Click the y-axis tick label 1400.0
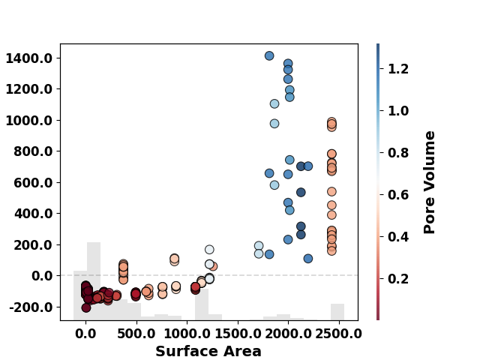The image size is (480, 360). coord(29,58)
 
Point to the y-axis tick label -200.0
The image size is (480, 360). coord(31,307)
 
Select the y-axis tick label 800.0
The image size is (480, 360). coord(33,151)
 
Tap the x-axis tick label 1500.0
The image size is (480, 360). coord(238,334)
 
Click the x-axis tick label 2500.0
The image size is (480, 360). coord(338,334)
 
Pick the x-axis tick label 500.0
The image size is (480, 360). coord(136,334)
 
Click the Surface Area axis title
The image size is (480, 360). coord(208,351)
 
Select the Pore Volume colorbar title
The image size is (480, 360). coord(429,182)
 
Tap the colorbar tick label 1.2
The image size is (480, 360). coord(398,68)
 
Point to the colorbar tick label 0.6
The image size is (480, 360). coord(398,195)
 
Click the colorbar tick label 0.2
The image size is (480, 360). coord(398,279)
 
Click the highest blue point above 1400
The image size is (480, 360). coord(269,55)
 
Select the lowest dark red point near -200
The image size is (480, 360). coord(86,307)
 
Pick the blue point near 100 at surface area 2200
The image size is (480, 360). coord(308,258)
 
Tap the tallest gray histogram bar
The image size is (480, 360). coord(94,281)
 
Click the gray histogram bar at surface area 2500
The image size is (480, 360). coord(337,312)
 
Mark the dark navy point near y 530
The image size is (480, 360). coord(301,192)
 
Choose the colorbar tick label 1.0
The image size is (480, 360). coord(398,111)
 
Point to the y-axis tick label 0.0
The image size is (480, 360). coord(42,276)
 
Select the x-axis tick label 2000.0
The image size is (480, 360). coord(288,334)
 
